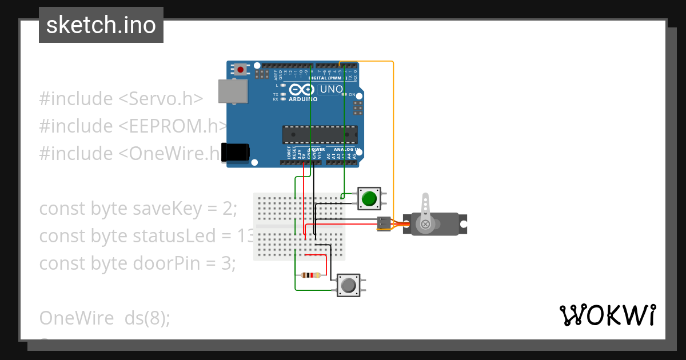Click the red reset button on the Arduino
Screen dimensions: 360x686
[241, 70]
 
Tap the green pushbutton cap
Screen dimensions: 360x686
[369, 198]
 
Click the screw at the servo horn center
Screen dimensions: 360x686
[425, 224]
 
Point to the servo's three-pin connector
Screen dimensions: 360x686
[384, 223]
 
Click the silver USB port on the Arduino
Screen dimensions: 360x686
[233, 91]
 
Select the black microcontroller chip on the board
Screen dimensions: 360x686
[320, 134]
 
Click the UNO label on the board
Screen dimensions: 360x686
[331, 89]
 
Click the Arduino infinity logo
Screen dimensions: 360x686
[302, 90]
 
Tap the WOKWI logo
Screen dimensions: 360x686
[607, 315]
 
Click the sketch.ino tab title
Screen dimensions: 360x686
[101, 25]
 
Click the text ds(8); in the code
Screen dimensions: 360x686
[147, 318]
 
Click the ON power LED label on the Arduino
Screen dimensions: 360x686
[352, 95]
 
